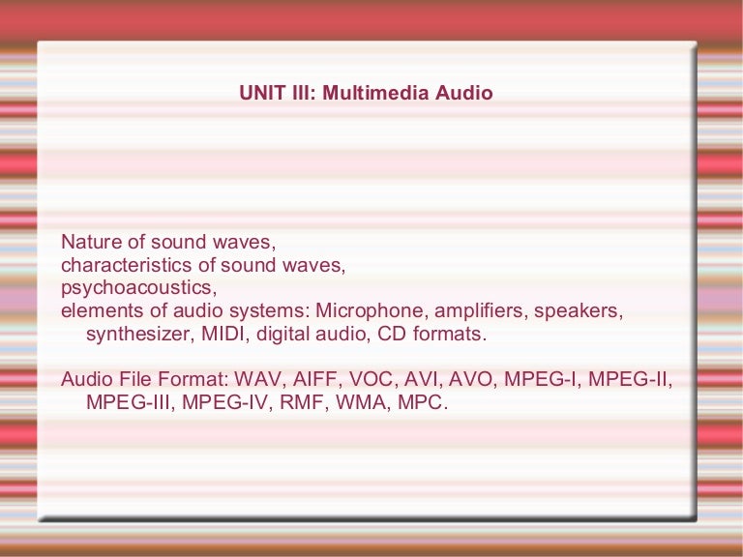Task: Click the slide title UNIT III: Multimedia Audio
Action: pyautogui.click(x=366, y=94)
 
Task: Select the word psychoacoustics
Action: pyautogui.click(x=138, y=287)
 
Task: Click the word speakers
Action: pyautogui.click(x=583, y=311)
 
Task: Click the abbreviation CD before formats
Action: pyautogui.click(x=395, y=335)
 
